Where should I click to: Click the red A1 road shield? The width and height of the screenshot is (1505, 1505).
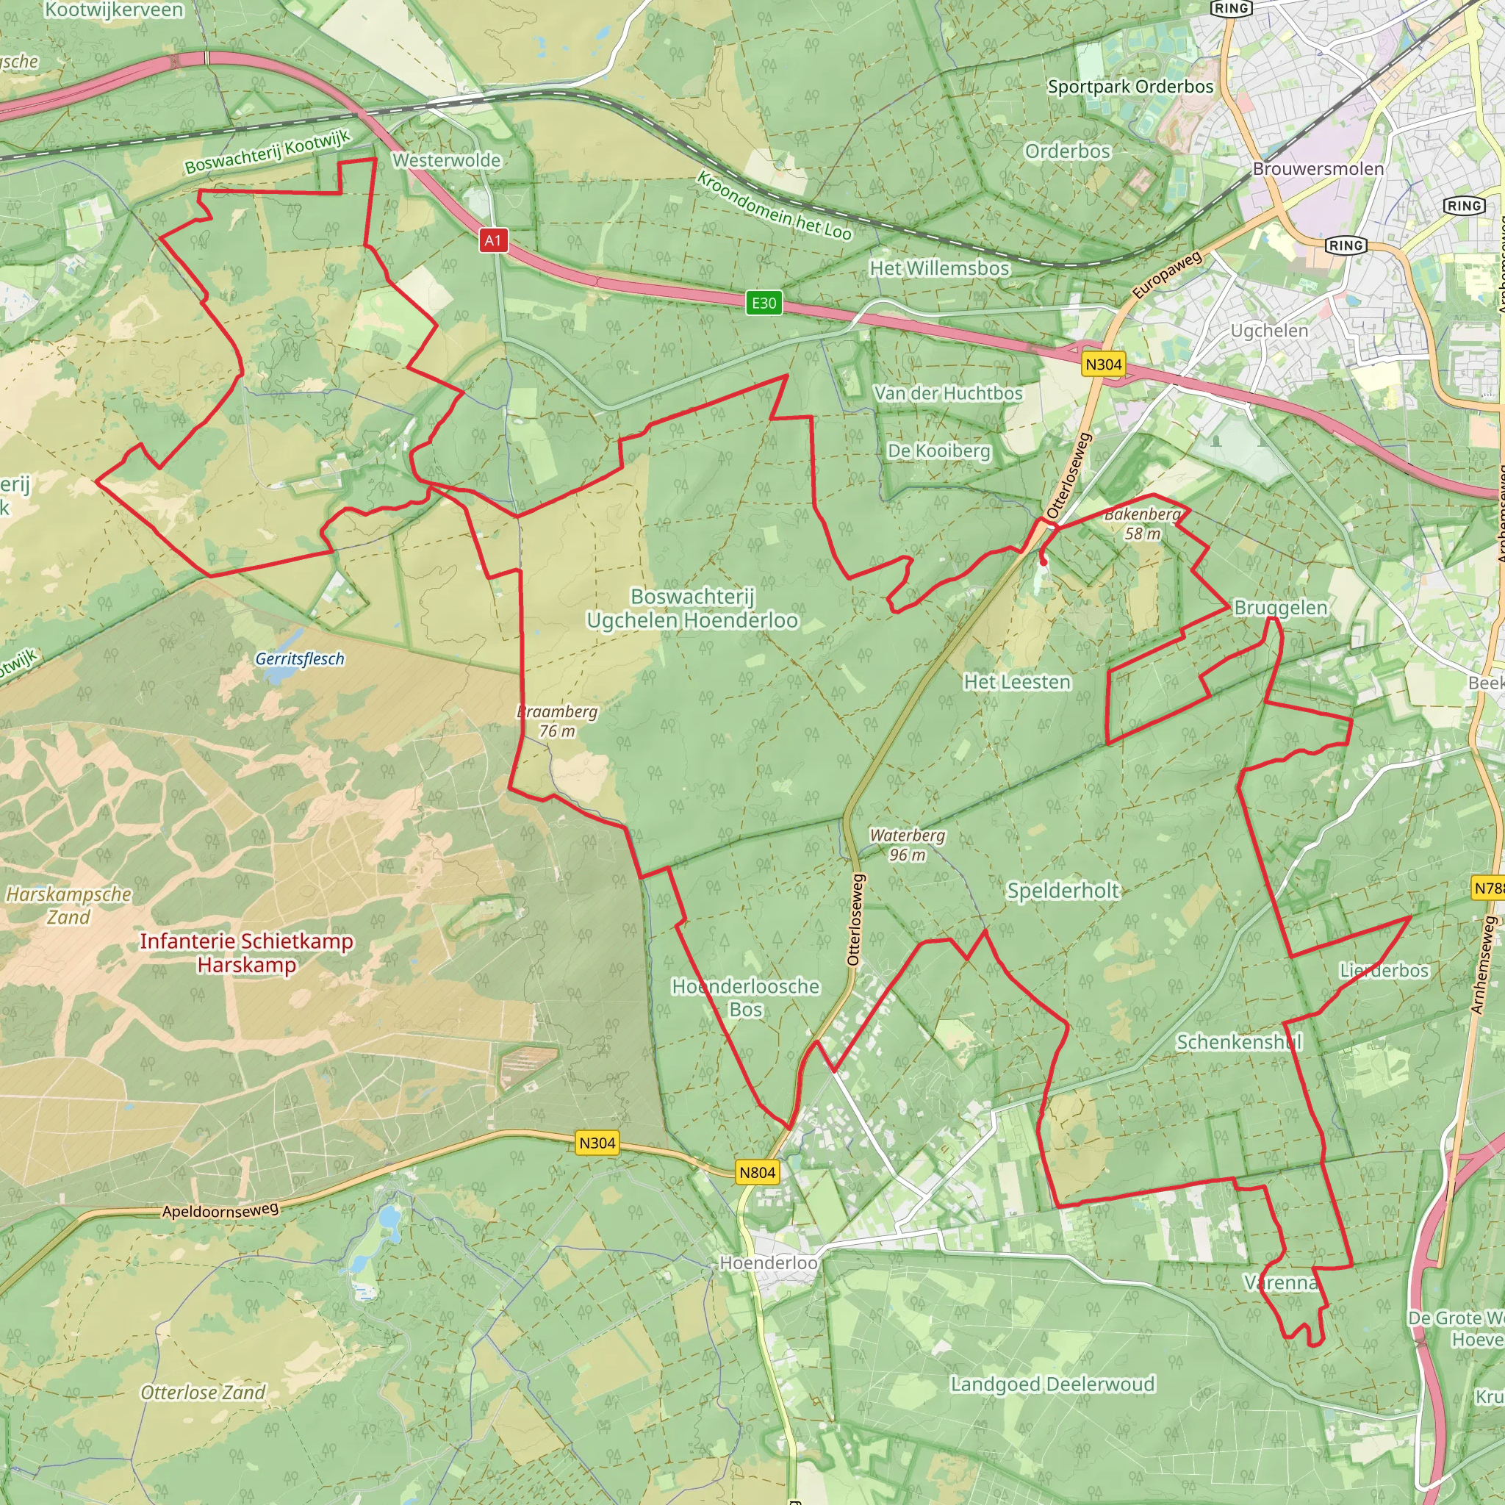point(493,240)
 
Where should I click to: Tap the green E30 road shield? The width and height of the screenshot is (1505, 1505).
point(764,303)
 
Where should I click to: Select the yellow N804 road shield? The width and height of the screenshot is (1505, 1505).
point(757,1172)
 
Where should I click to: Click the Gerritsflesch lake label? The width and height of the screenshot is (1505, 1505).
point(300,659)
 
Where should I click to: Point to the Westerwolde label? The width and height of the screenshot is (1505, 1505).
point(446,160)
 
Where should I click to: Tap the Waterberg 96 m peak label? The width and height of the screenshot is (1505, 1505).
point(908,844)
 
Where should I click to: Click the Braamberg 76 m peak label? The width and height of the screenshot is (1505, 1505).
point(558,721)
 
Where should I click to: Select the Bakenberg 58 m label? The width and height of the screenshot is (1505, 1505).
point(1143,523)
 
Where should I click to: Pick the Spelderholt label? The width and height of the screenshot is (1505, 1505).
point(1063,891)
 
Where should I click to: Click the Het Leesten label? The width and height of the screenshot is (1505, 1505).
point(1016,682)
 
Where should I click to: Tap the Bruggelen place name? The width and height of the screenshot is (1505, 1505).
point(1281,608)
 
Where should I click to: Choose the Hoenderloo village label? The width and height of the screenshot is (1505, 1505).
point(768,1262)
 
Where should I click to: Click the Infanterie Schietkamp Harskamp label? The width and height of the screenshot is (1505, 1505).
point(246,952)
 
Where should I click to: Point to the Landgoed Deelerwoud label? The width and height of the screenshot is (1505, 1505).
point(1052,1384)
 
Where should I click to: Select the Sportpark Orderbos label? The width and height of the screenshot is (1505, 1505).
point(1130,87)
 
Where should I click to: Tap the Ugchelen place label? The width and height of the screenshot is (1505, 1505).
point(1269,331)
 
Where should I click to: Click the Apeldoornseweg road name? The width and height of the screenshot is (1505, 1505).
point(220,1210)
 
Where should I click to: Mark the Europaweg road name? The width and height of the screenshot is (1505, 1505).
point(1167,275)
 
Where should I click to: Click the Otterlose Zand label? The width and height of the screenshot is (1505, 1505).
point(203,1392)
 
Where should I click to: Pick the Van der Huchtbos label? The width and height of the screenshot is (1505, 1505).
point(948,393)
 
